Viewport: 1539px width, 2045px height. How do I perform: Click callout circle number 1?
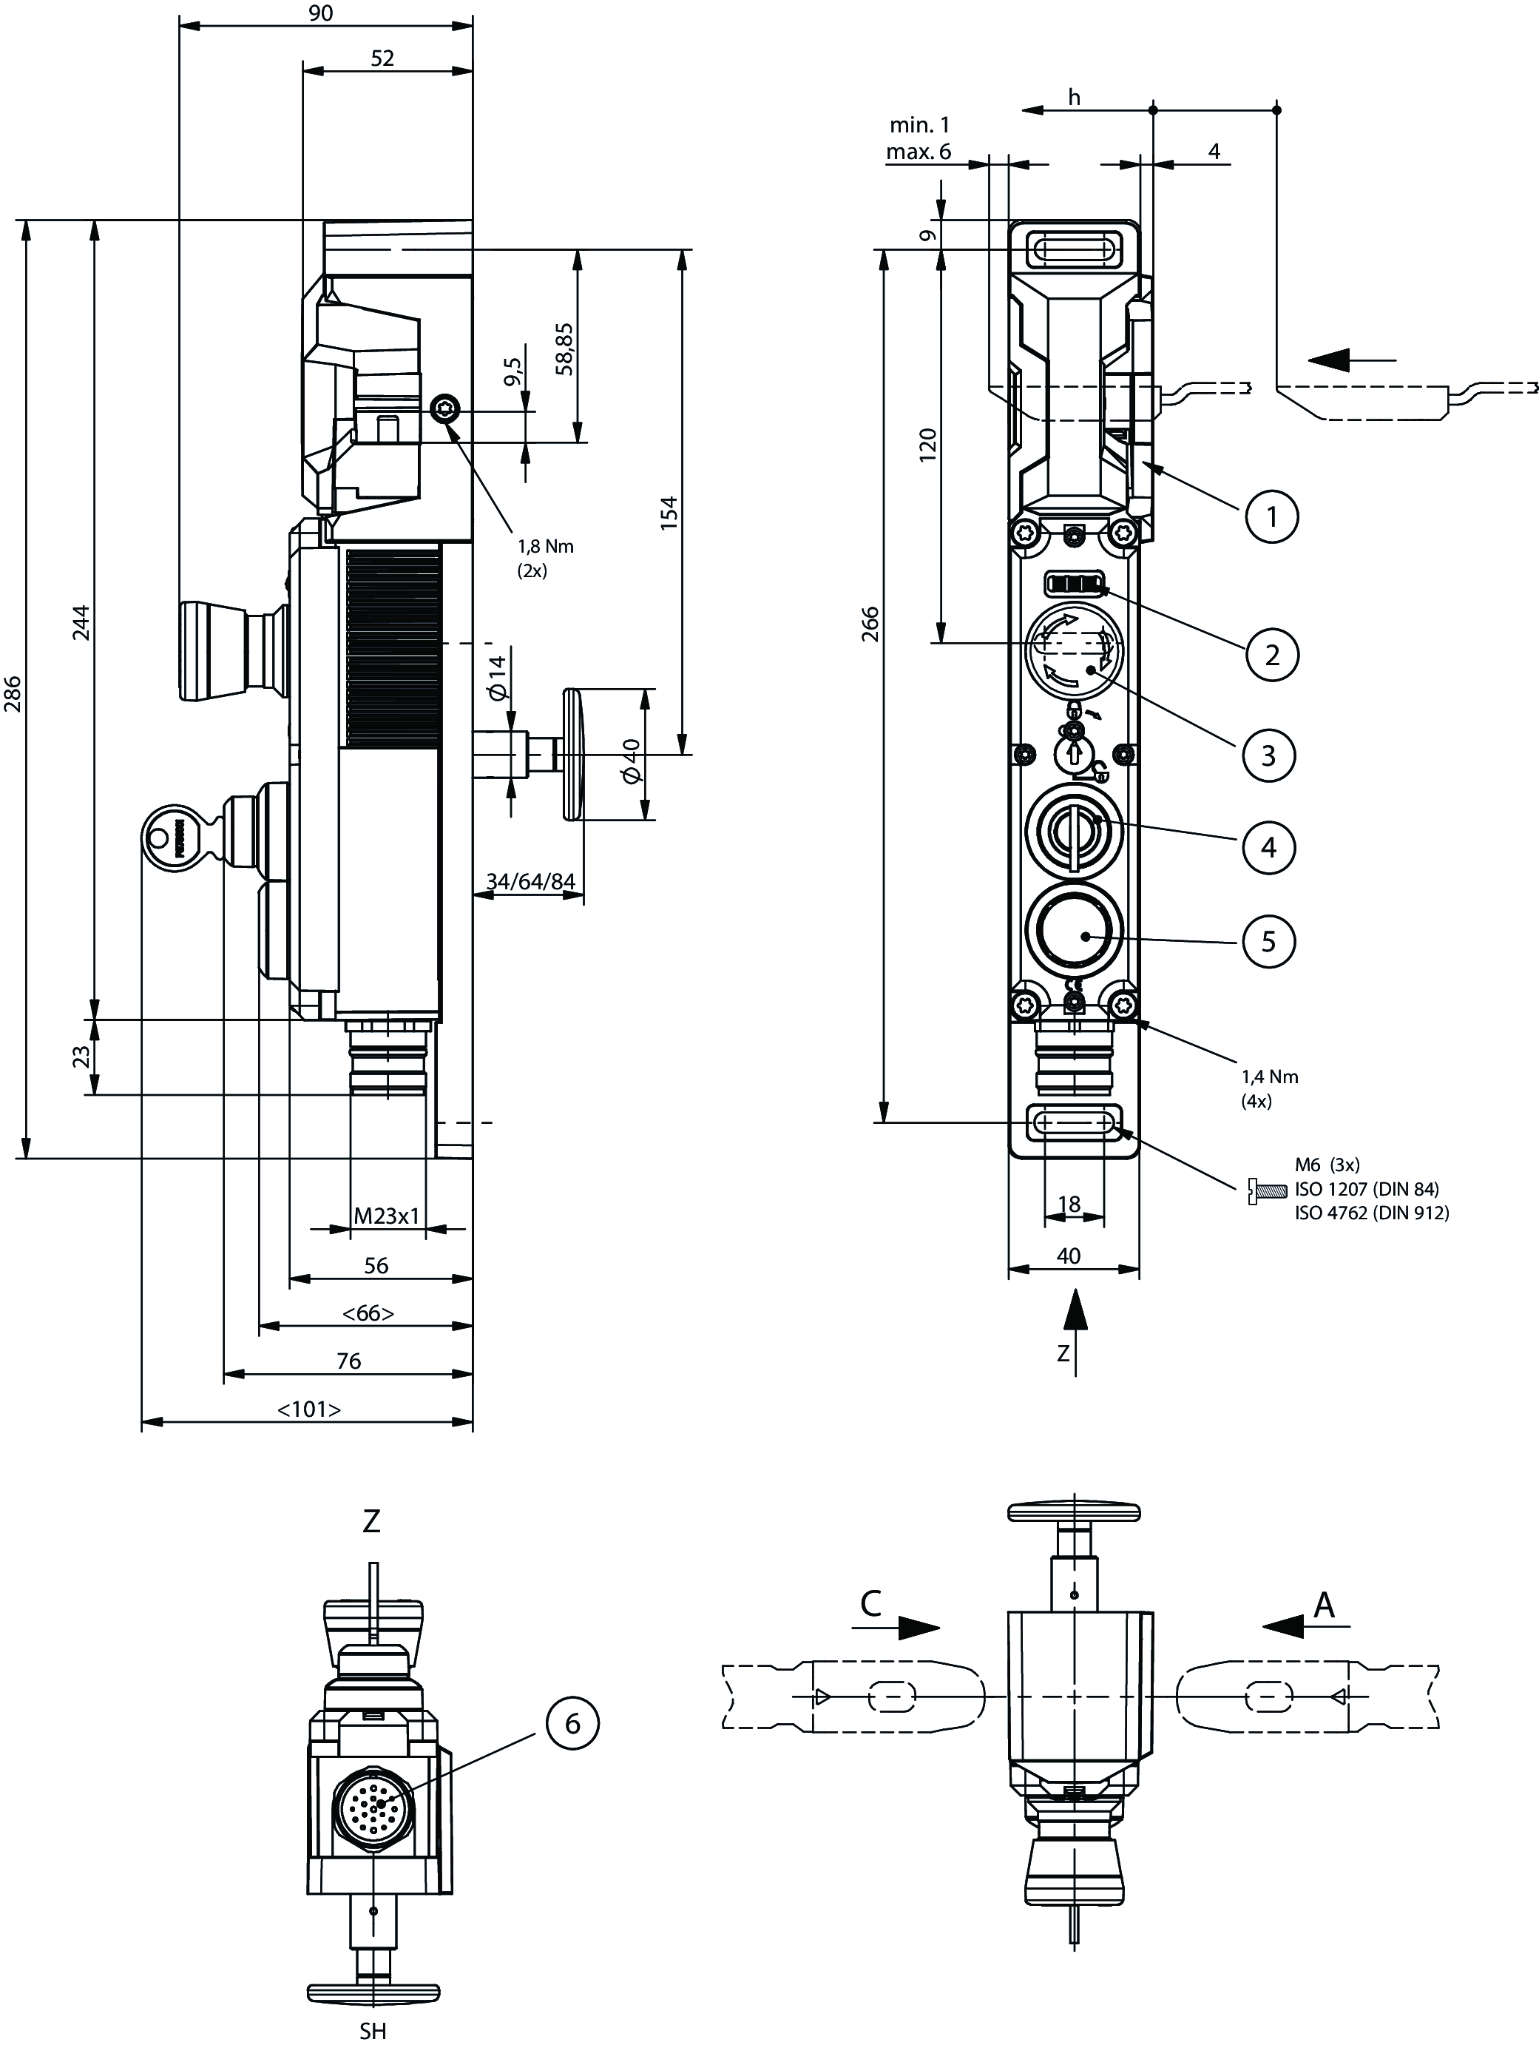tap(1271, 516)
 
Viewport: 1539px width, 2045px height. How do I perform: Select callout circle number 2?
tap(1271, 655)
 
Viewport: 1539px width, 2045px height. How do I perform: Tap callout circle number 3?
tap(1268, 755)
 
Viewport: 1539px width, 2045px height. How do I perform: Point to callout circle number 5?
tap(1268, 941)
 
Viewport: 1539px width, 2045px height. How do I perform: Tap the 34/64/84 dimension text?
tap(530, 881)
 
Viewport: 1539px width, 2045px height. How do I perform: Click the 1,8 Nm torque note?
tap(545, 546)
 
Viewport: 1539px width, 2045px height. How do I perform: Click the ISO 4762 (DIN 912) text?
tap(1372, 1213)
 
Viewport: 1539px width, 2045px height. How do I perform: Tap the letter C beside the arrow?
tap(870, 1604)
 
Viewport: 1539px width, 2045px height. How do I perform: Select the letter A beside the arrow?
tap(1325, 1605)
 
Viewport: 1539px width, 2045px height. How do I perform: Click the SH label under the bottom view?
tap(373, 2030)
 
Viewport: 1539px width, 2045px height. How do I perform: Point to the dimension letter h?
tap(1073, 97)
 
